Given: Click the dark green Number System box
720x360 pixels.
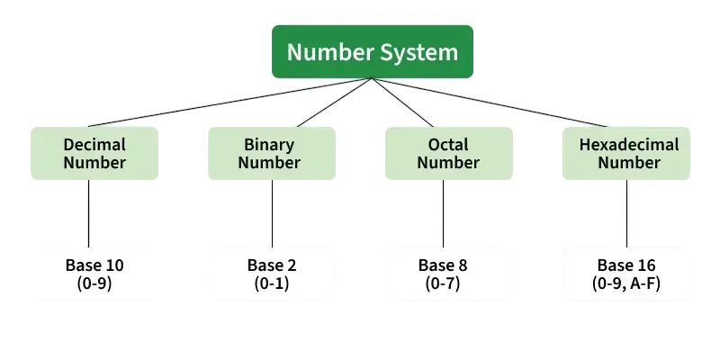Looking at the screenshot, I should (x=372, y=50).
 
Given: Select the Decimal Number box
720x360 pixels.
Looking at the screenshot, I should (x=94, y=153).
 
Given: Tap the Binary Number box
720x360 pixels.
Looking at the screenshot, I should (x=270, y=153).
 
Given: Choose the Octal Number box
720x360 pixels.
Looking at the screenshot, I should (x=448, y=153).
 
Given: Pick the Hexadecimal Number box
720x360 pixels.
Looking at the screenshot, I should (x=628, y=153).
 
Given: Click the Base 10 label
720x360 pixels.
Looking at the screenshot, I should (x=94, y=265).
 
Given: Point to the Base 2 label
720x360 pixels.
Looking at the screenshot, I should (x=272, y=265).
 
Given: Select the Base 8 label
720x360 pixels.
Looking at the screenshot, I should (x=443, y=265).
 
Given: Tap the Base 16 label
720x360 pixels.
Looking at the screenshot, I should (x=628, y=265).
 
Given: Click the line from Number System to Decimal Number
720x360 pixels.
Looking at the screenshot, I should (x=229, y=103).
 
